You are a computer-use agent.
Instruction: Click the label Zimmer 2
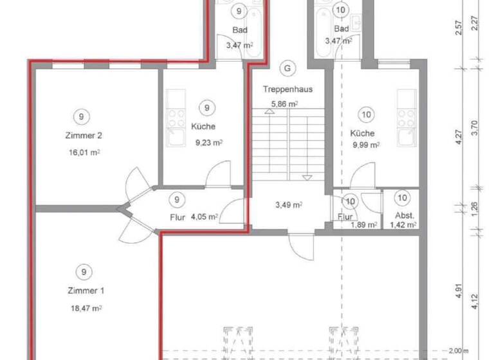(x=84, y=136)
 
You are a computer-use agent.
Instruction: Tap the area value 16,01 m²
(x=84, y=152)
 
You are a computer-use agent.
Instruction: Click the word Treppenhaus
(x=288, y=89)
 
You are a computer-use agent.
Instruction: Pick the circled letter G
(x=288, y=67)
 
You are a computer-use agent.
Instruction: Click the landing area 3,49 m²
(x=289, y=205)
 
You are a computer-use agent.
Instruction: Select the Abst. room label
(x=402, y=215)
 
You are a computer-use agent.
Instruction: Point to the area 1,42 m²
(x=403, y=225)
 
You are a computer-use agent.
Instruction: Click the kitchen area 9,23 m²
(x=208, y=143)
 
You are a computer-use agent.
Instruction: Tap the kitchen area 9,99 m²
(x=365, y=145)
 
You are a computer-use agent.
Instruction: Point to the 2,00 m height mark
(x=458, y=350)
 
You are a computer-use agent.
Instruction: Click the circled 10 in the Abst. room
(x=403, y=198)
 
